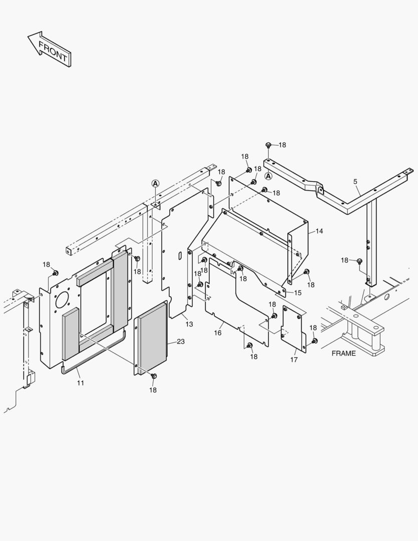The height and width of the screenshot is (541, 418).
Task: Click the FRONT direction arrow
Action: pyautogui.click(x=50, y=49)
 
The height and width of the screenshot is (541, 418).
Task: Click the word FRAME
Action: pyautogui.click(x=343, y=353)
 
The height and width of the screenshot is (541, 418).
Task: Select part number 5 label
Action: pyautogui.click(x=355, y=181)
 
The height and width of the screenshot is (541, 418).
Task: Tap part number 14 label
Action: pyautogui.click(x=319, y=231)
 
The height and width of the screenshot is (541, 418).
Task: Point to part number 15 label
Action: pyautogui.click(x=297, y=293)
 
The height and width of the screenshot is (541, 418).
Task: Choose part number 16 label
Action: pyautogui.click(x=218, y=333)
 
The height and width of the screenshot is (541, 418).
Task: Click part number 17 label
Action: pyautogui.click(x=294, y=359)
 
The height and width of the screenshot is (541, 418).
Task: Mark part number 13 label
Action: pyautogui.click(x=189, y=324)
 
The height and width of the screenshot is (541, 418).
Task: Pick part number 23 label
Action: pyautogui.click(x=180, y=342)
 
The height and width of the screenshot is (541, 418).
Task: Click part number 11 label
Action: pyautogui.click(x=81, y=383)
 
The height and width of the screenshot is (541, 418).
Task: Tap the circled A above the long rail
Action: pyautogui.click(x=155, y=184)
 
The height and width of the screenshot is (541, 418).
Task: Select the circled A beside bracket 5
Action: pyautogui.click(x=268, y=176)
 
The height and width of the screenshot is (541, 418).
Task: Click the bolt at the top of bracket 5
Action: pyautogui.click(x=268, y=145)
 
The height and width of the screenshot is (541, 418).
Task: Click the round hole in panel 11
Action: pyautogui.click(x=63, y=301)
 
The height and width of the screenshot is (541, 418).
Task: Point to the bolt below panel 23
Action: pyautogui.click(x=154, y=376)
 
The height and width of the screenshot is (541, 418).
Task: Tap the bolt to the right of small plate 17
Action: pyautogui.click(x=314, y=341)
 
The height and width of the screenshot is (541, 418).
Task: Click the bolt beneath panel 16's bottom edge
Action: pyautogui.click(x=250, y=346)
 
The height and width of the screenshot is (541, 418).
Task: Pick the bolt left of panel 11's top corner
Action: pyautogui.click(x=55, y=273)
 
